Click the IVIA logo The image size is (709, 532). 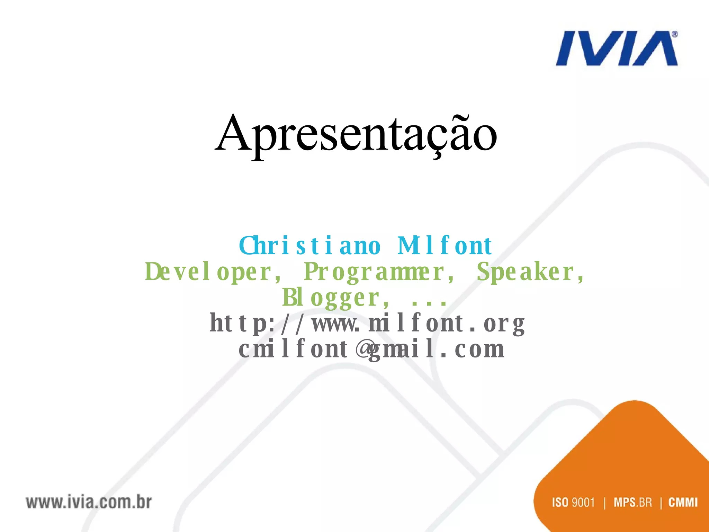pyautogui.click(x=616, y=48)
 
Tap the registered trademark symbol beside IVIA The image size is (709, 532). pyautogui.click(x=675, y=35)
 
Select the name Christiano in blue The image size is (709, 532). pyautogui.click(x=309, y=246)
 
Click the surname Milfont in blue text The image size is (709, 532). pyautogui.click(x=445, y=246)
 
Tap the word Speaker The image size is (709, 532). pyautogui.click(x=530, y=272)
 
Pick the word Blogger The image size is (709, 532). pyautogui.click(x=334, y=298)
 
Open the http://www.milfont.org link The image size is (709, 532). pyautogui.click(x=367, y=323)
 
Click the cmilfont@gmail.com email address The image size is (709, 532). pyautogui.click(x=371, y=349)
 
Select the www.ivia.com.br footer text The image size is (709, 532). pyautogui.click(x=89, y=502)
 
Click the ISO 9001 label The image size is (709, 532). pyautogui.click(x=573, y=502)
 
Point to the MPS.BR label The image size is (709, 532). pyautogui.click(x=632, y=502)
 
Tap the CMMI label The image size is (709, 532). pyautogui.click(x=683, y=502)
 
